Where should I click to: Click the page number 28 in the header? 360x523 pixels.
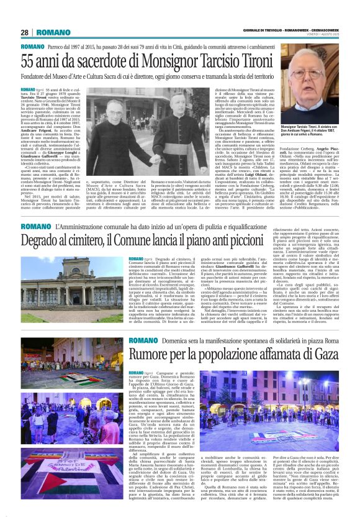pyautogui.click(x=25, y=32)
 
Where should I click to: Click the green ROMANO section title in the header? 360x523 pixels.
pyautogui.click(x=53, y=32)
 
